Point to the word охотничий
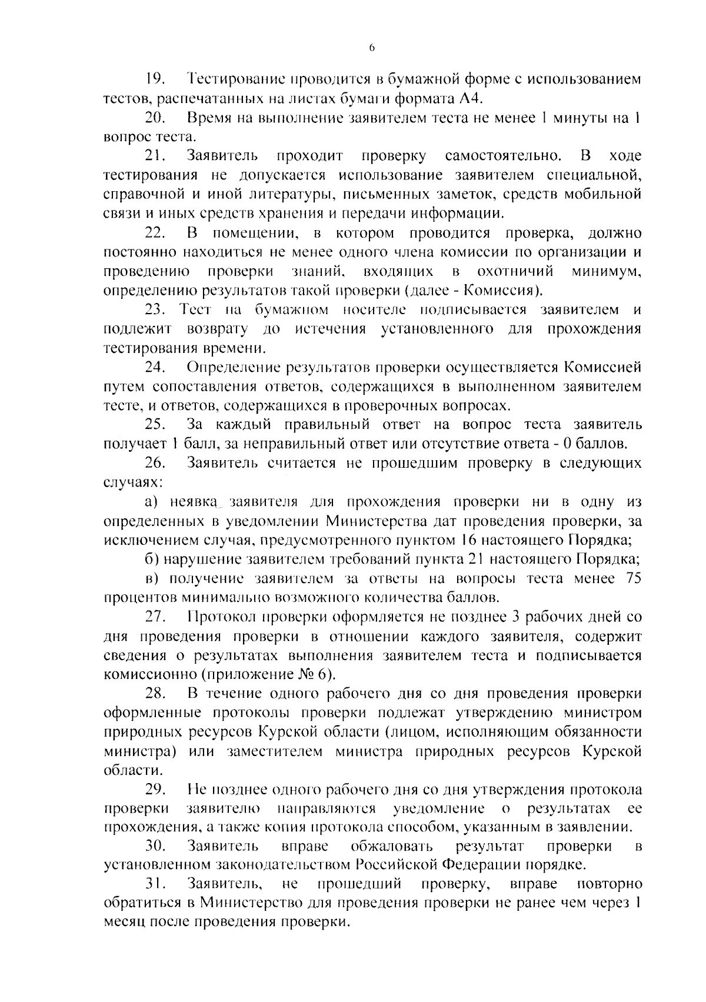[517, 272]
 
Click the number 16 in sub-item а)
[468, 540]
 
